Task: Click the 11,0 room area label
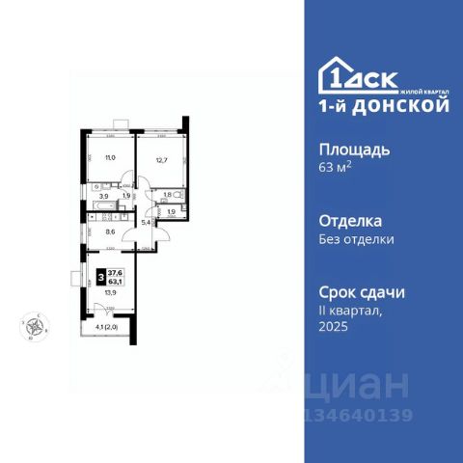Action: pos(111,158)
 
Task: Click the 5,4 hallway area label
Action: pos(147,223)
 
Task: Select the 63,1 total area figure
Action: pos(115,282)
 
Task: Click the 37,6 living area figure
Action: pos(115,273)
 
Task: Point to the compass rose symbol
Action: pos(35,327)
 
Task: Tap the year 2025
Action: pos(333,327)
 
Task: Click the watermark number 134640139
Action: pos(360,417)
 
